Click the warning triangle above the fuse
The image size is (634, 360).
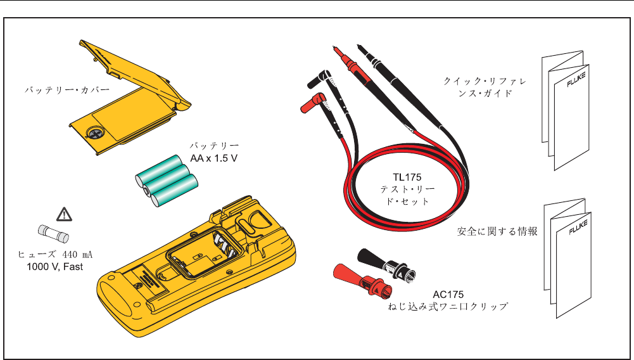[62, 213]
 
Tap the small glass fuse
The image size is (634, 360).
[50, 234]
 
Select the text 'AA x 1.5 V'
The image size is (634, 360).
[214, 157]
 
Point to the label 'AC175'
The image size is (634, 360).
[448, 294]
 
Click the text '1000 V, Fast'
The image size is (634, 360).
[55, 267]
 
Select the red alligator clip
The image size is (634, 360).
[358, 281]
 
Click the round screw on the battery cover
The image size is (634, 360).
[96, 134]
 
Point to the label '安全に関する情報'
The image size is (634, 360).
[497, 231]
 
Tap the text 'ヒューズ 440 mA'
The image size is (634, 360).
[55, 255]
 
